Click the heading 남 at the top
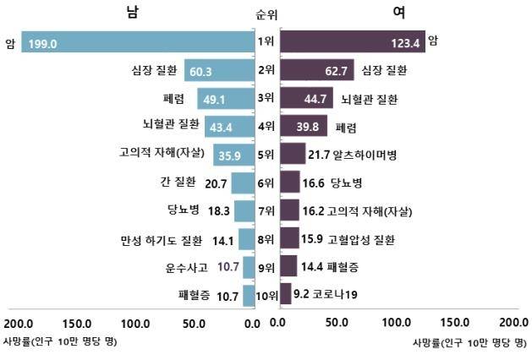coord(133,12)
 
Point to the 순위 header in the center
coord(266,14)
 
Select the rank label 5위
coord(266,155)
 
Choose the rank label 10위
coord(266,295)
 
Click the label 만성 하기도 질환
coord(158,239)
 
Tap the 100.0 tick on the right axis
coord(395,323)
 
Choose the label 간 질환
coord(177,183)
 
